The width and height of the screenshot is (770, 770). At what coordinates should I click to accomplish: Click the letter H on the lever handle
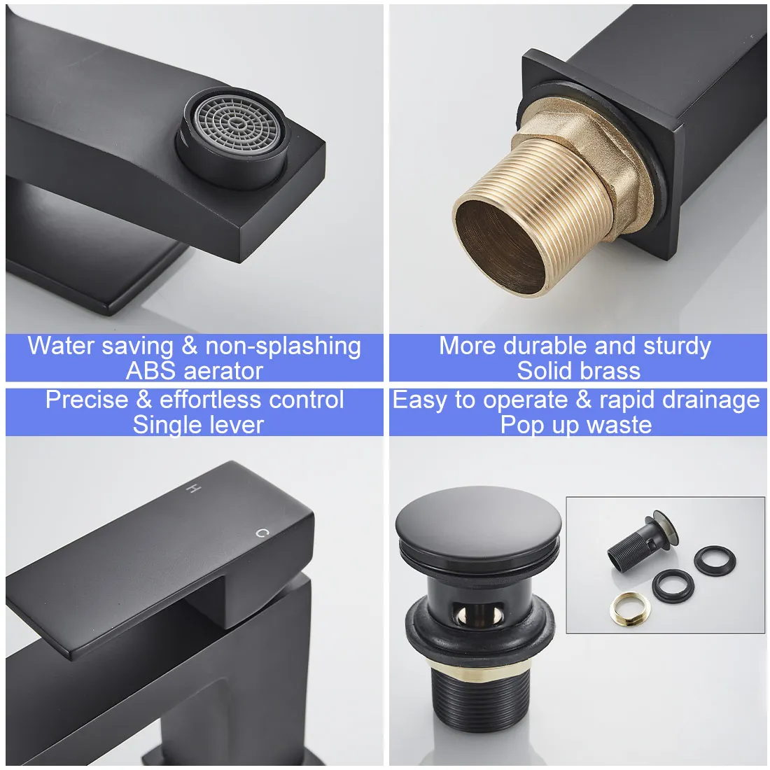(x=189, y=489)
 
